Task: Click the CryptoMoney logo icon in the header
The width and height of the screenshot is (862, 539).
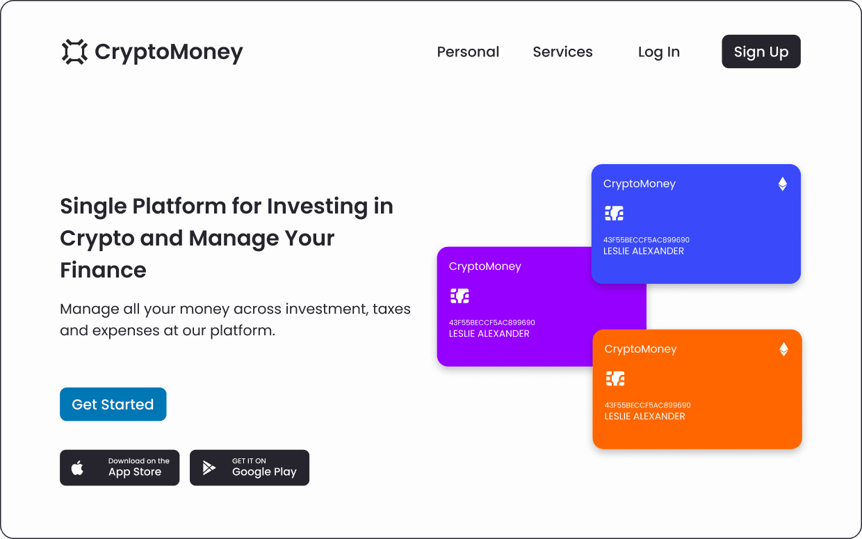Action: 74,51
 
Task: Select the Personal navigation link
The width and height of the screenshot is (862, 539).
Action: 468,51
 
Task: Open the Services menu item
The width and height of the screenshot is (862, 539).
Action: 562,51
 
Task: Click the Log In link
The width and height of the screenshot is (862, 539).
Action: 659,52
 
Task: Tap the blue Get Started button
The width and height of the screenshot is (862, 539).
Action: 113,404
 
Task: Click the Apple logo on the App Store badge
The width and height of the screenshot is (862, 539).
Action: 77,467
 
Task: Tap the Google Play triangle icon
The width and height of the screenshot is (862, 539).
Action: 209,468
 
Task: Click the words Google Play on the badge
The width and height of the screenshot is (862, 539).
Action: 264,472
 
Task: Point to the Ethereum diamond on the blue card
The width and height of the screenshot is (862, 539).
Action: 782,184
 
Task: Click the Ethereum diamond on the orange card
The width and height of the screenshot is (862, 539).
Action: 783,350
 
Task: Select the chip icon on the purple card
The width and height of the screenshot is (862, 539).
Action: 460,296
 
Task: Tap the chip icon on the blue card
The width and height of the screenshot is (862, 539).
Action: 615,214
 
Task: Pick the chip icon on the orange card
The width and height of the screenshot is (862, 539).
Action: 615,379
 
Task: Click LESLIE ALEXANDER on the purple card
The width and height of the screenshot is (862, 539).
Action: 489,334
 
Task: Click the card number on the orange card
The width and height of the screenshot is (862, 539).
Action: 648,405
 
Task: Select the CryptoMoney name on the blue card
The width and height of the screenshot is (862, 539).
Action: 639,184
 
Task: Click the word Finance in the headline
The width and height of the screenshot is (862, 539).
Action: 103,270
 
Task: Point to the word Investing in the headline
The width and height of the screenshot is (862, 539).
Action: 317,207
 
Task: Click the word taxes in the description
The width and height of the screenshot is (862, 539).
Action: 391,309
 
